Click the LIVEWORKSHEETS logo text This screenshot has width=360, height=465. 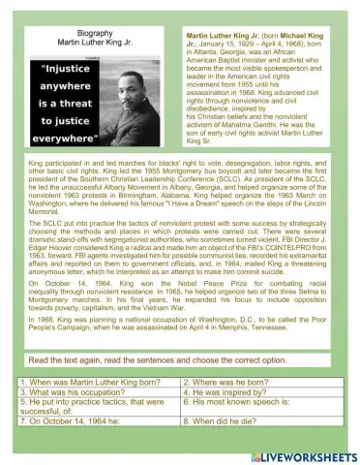[x=308, y=454]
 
